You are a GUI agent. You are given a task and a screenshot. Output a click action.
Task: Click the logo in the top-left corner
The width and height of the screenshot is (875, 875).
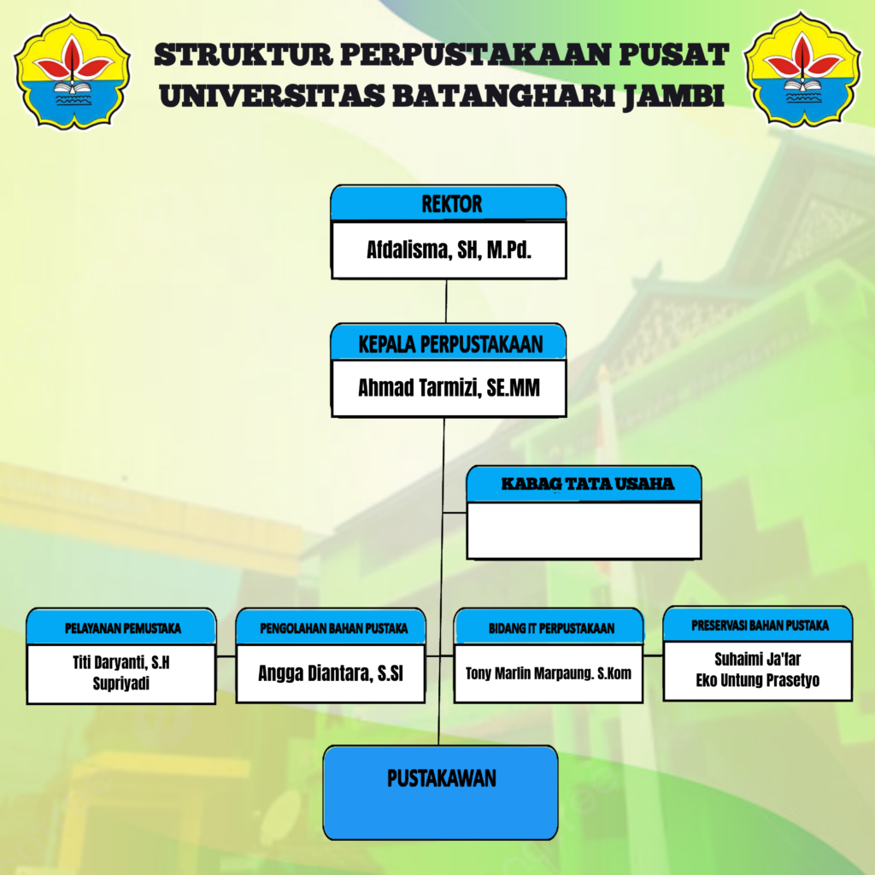click(73, 70)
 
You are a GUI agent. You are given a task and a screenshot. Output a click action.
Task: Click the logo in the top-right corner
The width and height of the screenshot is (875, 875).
click(802, 70)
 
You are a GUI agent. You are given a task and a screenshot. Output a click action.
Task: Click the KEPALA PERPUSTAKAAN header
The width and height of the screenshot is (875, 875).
click(450, 345)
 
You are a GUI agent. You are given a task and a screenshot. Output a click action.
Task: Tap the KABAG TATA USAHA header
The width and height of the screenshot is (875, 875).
click(586, 484)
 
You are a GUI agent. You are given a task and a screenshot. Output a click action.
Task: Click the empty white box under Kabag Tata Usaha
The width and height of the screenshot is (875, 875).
click(584, 531)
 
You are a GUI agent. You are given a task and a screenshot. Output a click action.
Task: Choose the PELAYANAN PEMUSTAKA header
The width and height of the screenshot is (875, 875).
click(122, 628)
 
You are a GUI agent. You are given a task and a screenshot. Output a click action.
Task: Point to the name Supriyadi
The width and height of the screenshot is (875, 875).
click(122, 684)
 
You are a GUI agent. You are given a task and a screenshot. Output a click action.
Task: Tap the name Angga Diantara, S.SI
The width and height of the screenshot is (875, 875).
click(331, 673)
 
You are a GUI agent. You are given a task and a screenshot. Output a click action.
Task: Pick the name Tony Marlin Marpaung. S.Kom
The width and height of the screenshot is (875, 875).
click(549, 673)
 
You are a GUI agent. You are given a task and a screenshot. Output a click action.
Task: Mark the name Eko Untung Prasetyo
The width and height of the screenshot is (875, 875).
click(758, 681)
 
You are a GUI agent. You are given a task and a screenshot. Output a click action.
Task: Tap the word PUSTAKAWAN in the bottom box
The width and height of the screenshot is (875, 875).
click(441, 778)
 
